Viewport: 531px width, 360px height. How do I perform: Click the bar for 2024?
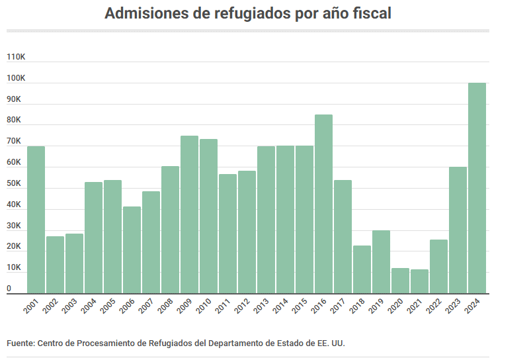pos(477,188)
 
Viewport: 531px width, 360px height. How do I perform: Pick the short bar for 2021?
pos(419,281)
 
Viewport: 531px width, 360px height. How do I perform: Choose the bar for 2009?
pos(189,214)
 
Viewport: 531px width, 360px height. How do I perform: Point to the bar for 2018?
pos(362,269)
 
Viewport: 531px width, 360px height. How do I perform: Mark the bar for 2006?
pos(132,250)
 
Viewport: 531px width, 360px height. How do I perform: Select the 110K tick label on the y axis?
pos(16,57)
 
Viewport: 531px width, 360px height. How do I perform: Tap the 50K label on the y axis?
pos(15,183)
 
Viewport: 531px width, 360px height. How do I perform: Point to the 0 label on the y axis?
pos(9,289)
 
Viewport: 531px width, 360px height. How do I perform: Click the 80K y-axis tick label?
pos(15,120)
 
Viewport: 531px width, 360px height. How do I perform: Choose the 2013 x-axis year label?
pos(262,306)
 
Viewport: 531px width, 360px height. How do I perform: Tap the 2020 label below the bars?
pos(396,306)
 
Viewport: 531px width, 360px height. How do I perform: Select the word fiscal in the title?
pos(371,14)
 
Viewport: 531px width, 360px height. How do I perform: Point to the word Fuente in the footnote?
pos(20,343)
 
